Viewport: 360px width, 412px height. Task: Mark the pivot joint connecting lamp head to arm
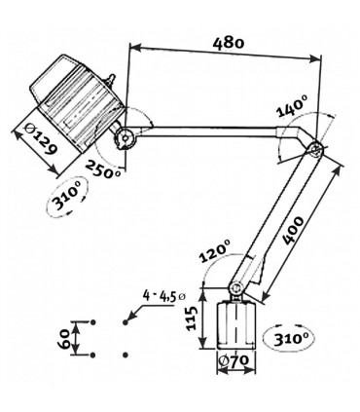tap(124, 137)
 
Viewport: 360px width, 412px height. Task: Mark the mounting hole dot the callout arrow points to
tap(126, 320)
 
